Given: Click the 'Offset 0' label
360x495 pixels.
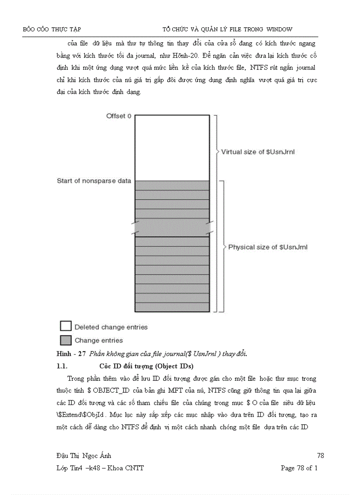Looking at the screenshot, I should (119, 116).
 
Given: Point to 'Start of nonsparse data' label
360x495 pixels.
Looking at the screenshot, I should (94, 181).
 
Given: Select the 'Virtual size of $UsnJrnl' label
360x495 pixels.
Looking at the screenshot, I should (258, 152).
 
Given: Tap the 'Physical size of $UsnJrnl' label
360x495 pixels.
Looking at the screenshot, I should (268, 247).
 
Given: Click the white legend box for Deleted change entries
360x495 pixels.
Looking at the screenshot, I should (66, 326).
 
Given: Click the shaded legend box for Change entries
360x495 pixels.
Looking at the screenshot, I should (66, 340).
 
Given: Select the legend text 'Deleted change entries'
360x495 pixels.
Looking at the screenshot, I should (111, 327).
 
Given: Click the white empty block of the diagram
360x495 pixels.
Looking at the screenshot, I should (172, 147).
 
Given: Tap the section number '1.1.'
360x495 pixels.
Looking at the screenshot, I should (62, 366).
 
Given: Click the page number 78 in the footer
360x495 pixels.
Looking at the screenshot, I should (320, 455).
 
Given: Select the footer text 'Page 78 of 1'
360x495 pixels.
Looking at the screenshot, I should (299, 468).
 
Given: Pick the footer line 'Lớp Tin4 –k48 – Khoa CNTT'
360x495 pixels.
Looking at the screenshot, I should (97, 468).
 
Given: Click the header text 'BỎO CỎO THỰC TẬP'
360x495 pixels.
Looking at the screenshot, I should (52, 30).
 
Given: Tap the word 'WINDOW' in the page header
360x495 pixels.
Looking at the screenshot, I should (279, 30).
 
